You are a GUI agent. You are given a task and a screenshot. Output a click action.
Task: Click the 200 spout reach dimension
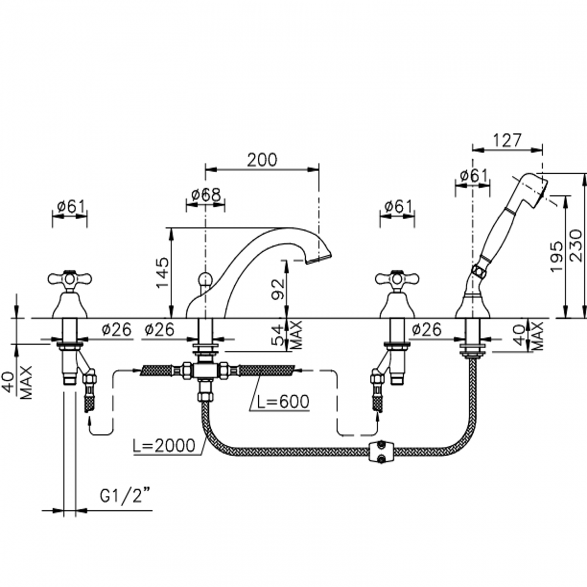point(262,159)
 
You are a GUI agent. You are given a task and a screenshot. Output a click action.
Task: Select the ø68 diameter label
point(205,195)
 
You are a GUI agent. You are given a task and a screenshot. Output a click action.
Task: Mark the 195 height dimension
point(557,256)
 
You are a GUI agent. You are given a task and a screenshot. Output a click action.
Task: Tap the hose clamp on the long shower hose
point(382,451)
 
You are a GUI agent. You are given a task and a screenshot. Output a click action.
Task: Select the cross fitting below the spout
point(205,370)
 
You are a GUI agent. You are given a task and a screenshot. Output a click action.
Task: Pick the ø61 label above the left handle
point(70,206)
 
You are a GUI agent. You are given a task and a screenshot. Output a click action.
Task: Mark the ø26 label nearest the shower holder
point(426,330)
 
